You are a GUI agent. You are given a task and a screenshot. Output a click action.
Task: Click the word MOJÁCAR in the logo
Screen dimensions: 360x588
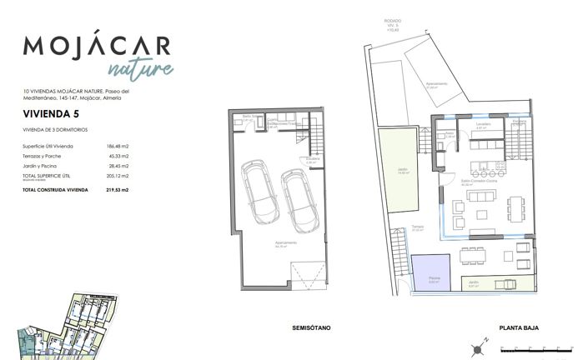coord(97,46)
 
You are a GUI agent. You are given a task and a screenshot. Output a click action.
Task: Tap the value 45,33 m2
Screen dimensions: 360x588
coord(128,156)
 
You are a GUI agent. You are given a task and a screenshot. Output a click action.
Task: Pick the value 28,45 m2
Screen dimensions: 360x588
coord(128,166)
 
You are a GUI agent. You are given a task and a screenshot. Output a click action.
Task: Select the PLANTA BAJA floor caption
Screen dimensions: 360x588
coord(518,327)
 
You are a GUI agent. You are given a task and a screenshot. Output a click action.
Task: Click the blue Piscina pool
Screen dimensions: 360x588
coord(430,272)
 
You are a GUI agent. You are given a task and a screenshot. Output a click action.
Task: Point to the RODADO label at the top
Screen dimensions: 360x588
coord(393,19)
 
